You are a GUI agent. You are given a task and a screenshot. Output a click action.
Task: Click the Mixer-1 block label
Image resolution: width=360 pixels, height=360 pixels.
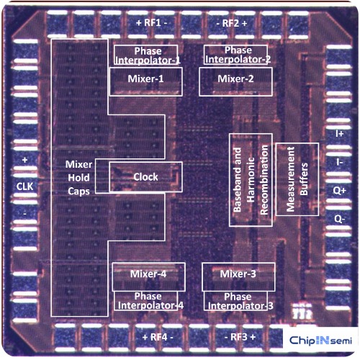145,78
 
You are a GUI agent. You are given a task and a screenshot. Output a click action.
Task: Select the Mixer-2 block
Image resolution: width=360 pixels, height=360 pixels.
235,81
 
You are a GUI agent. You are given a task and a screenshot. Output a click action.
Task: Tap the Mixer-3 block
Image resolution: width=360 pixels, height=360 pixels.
238,276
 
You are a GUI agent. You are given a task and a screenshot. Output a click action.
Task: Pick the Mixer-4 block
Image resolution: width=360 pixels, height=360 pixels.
148,277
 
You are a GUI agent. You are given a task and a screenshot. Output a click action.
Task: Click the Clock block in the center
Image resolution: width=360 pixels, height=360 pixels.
145,177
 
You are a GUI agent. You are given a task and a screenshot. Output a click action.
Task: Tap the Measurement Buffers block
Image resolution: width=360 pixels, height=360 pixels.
297,179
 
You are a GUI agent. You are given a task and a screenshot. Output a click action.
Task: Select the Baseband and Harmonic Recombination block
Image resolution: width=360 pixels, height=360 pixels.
251,180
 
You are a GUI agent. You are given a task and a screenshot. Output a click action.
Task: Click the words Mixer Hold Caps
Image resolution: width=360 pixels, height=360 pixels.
78,178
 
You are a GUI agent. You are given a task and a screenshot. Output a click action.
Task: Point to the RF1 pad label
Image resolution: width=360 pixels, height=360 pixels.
152,23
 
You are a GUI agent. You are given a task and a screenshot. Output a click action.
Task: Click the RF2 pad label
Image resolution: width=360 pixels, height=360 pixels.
231,23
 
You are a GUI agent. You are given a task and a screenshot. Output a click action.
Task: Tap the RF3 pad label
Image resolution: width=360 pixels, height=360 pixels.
240,337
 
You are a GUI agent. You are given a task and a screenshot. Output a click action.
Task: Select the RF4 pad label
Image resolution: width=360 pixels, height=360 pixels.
158,337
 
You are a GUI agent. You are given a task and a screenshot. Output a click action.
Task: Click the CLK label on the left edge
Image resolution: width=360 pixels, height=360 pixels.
24,186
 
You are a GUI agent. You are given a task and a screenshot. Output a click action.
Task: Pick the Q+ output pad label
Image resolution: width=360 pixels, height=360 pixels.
339,191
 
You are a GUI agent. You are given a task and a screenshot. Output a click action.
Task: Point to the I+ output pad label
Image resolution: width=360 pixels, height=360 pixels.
340,133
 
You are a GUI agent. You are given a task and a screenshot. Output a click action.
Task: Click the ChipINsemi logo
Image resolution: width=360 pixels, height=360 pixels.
320,341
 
